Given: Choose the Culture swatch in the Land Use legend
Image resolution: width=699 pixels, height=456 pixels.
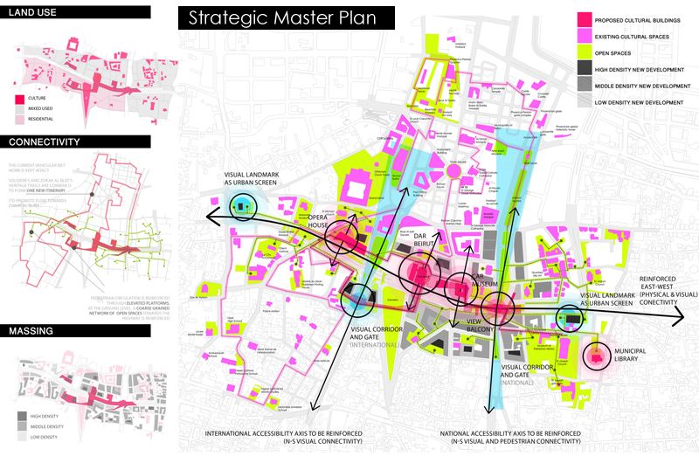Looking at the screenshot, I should tap(20, 99).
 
